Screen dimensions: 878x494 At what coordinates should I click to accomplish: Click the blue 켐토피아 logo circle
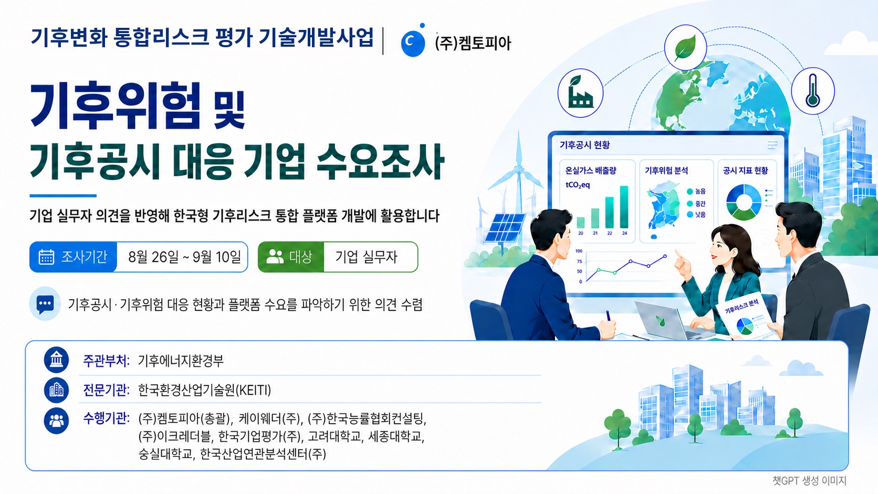(x=413, y=43)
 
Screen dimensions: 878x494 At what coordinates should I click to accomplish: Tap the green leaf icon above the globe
(x=685, y=48)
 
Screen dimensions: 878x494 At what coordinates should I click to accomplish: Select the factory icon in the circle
(x=580, y=93)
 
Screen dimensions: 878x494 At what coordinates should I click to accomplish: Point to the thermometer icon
(x=813, y=90)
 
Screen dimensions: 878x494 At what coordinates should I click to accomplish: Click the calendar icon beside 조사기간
(x=46, y=257)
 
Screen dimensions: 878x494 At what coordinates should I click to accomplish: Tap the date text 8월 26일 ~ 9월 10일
(x=185, y=257)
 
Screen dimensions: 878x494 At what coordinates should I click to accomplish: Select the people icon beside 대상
(x=274, y=257)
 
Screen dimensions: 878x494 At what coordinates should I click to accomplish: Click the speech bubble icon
(x=45, y=303)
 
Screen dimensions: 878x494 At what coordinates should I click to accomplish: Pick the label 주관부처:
(x=106, y=361)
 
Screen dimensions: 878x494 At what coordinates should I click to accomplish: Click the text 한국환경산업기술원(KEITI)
(x=204, y=390)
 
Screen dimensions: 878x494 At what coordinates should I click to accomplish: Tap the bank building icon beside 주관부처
(x=56, y=360)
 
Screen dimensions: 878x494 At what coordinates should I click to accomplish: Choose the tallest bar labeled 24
(x=624, y=207)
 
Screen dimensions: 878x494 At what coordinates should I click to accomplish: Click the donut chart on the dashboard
(x=744, y=202)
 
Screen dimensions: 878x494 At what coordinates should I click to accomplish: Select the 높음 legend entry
(x=696, y=192)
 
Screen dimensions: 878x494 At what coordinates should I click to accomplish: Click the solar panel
(x=505, y=228)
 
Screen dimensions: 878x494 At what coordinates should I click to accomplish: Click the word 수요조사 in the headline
(x=380, y=161)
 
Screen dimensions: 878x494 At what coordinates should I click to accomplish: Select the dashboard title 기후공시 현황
(x=584, y=145)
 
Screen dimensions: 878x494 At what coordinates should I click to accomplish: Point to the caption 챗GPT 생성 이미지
(x=809, y=481)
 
